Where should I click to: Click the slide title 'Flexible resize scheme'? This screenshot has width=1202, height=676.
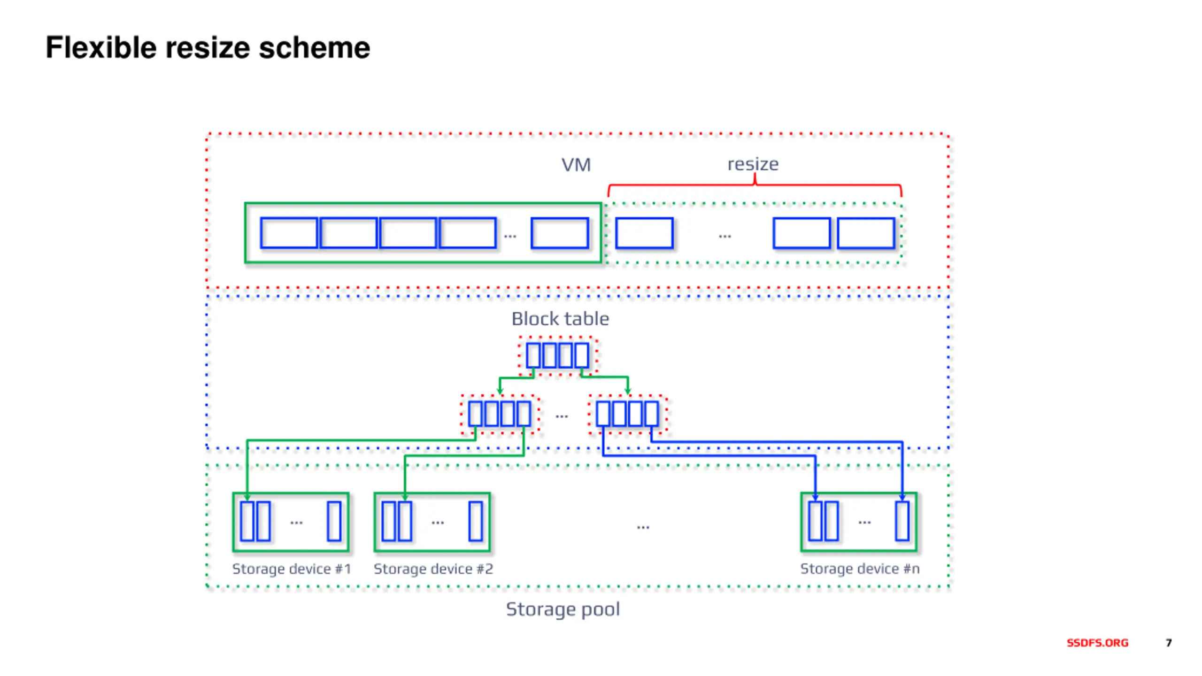208,48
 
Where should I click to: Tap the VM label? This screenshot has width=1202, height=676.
576,165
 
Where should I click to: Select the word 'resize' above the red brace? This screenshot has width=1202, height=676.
753,164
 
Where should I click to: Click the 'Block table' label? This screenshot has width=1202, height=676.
560,319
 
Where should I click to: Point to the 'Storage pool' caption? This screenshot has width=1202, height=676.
563,609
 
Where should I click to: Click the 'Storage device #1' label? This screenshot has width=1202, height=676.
292,569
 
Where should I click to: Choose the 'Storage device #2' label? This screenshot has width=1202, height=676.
433,569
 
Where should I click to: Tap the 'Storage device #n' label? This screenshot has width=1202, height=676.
860,569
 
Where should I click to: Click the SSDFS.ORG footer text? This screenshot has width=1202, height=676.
1097,643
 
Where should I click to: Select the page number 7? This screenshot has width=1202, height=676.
1169,643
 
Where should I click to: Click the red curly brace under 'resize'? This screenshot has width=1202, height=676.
755,185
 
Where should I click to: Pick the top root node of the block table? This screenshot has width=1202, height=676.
558,355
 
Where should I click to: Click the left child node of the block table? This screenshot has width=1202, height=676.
500,414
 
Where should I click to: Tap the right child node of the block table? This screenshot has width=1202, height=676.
628,414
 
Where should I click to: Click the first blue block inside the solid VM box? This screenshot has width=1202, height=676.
289,233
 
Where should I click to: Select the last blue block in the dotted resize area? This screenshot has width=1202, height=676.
866,233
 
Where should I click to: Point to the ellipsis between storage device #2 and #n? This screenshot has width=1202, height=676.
643,527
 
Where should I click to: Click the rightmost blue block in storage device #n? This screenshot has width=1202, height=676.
902,521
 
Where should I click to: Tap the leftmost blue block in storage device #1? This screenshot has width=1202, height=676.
247,521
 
